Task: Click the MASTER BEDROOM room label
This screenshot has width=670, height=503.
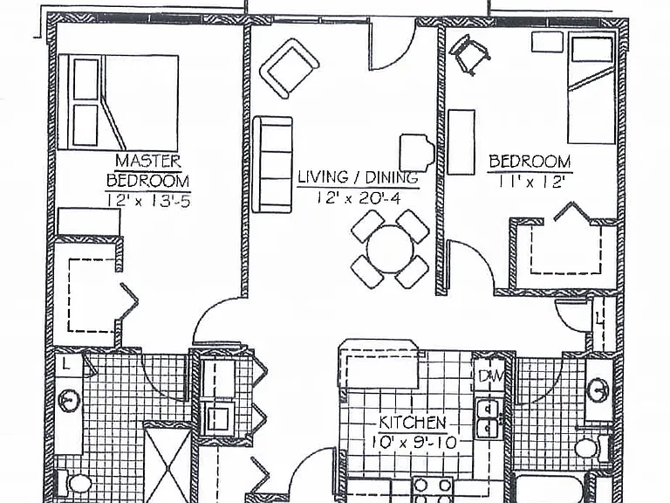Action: click(147, 171)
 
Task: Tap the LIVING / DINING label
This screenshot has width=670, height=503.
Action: click(358, 177)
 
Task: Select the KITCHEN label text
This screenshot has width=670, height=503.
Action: click(413, 423)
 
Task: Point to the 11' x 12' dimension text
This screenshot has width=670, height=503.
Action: click(529, 183)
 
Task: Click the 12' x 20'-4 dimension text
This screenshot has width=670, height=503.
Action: click(358, 198)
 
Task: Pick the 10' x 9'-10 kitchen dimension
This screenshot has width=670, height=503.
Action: click(414, 442)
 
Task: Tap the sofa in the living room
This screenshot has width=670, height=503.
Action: click(272, 165)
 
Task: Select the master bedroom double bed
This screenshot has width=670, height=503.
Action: click(118, 102)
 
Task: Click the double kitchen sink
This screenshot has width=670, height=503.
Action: click(488, 418)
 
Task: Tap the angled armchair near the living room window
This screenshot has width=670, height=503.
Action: click(290, 67)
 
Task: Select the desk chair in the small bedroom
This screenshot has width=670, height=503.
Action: click(468, 54)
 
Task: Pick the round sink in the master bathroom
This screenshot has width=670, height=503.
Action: click(69, 400)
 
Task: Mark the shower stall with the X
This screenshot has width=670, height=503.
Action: click(167, 463)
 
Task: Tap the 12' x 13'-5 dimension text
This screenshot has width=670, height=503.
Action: click(148, 200)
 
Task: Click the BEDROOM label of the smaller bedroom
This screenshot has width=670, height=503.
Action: click(530, 162)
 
